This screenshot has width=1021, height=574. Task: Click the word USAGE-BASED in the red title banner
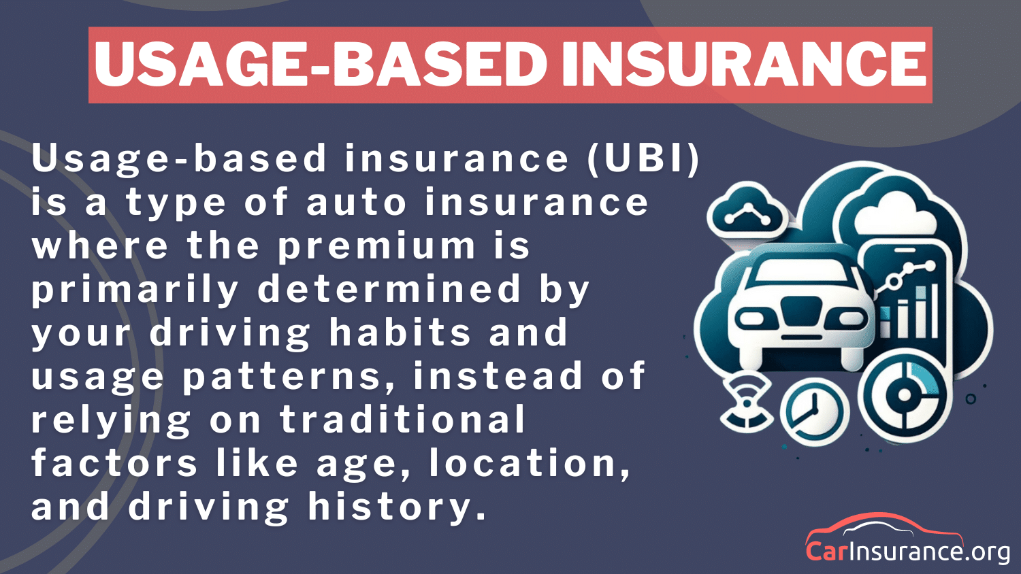[x=320, y=65]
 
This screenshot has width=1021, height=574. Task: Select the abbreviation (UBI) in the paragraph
[x=643, y=158]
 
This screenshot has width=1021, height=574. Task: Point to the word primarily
[x=135, y=290]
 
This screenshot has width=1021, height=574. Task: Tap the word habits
[x=400, y=333]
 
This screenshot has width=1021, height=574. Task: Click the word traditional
[x=402, y=420]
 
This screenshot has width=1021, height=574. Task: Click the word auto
[x=357, y=203]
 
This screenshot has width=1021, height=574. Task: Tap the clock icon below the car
[x=813, y=411]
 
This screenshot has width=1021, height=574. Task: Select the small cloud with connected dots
[x=745, y=212]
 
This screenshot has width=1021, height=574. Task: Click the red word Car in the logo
[x=826, y=550]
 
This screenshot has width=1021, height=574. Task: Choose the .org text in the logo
[x=988, y=551]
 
